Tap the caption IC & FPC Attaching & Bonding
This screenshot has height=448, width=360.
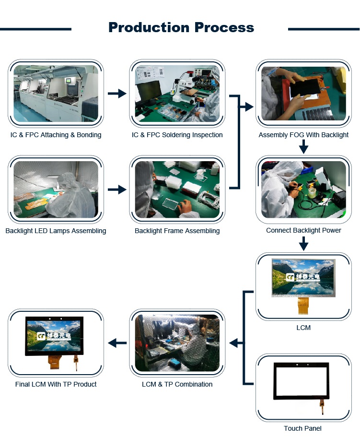pyautogui.click(x=56, y=135)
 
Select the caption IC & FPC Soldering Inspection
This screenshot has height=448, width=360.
pyautogui.click(x=177, y=135)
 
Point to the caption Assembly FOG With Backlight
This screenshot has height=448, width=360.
pyautogui.click(x=303, y=135)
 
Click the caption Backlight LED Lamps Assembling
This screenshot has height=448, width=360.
pyautogui.click(x=56, y=231)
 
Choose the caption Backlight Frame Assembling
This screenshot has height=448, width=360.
pyautogui.click(x=177, y=231)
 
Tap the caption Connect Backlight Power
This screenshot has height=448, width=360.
pyautogui.click(x=303, y=230)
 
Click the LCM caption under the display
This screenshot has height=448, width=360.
pyautogui.click(x=303, y=328)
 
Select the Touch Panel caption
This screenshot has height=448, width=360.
pyautogui.click(x=302, y=428)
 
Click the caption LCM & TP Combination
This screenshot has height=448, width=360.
pyautogui.click(x=177, y=384)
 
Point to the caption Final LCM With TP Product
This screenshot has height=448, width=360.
pyautogui.click(x=56, y=384)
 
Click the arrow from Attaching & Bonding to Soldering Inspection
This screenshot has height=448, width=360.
pyautogui.click(x=116, y=94)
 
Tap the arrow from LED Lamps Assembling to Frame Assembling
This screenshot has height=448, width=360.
pyautogui.click(x=116, y=190)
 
